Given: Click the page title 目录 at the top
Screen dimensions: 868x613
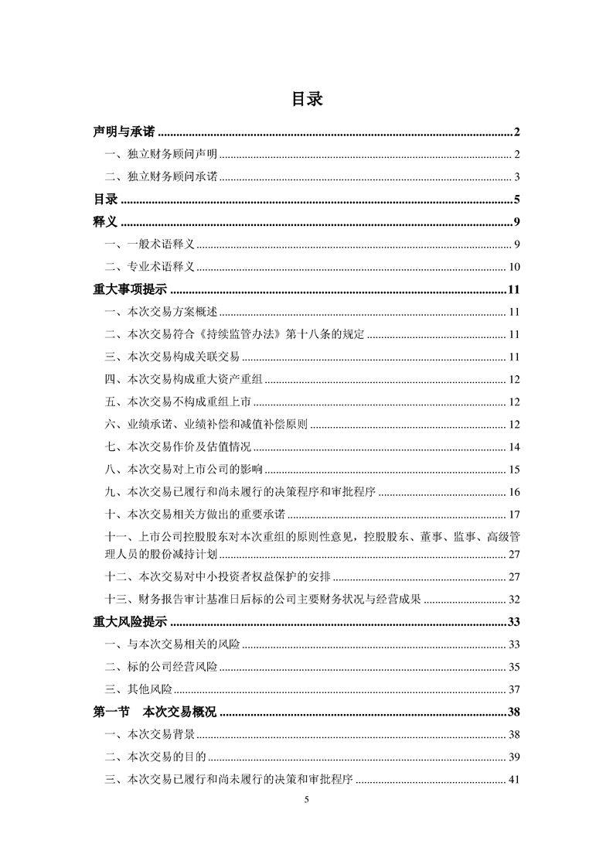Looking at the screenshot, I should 307,100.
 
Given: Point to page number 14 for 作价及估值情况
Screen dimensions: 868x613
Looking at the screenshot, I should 514,447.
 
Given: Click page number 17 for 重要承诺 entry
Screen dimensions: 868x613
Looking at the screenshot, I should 514,514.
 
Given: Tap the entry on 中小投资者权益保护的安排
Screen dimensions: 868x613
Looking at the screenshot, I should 222,577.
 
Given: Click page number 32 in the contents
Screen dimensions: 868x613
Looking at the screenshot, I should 514,600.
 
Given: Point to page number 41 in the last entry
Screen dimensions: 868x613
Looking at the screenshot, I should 514,780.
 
